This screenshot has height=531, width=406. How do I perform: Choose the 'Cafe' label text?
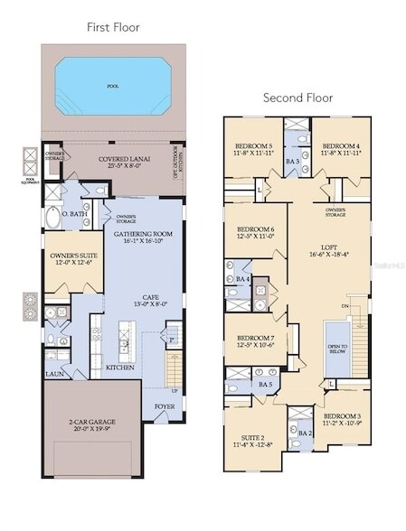(x=142, y=301)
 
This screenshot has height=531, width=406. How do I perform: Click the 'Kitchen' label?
(x=120, y=368)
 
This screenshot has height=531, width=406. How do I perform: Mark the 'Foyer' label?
(x=165, y=405)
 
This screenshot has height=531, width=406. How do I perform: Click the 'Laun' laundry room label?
(x=53, y=372)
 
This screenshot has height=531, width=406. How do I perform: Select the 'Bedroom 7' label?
(x=254, y=340)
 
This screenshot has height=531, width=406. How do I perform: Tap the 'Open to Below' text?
(x=337, y=348)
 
